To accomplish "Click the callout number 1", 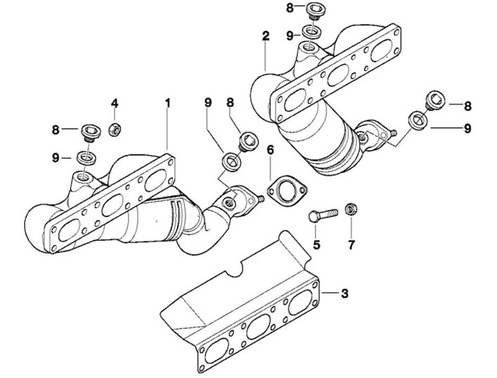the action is [168, 103].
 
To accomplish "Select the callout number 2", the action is [266, 36].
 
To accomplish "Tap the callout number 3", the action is [344, 294].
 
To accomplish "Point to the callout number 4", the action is [115, 103].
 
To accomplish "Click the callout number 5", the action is [316, 245].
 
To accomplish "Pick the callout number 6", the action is [270, 150].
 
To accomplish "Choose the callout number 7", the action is [351, 245].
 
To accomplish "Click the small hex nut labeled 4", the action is [114, 129].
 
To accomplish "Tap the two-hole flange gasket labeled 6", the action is [288, 191].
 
